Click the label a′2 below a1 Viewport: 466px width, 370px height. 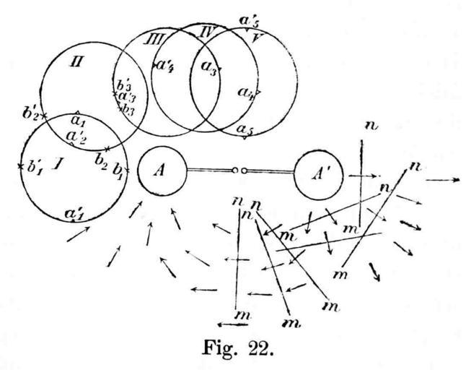point(76,137)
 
